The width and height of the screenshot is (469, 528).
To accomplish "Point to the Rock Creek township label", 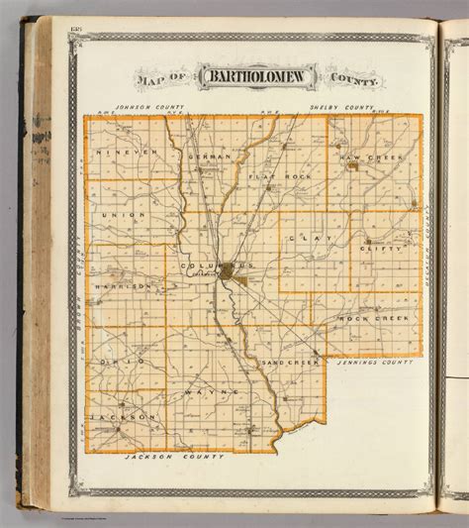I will point(374,318).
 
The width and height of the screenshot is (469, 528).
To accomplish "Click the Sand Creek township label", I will point(289,363).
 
